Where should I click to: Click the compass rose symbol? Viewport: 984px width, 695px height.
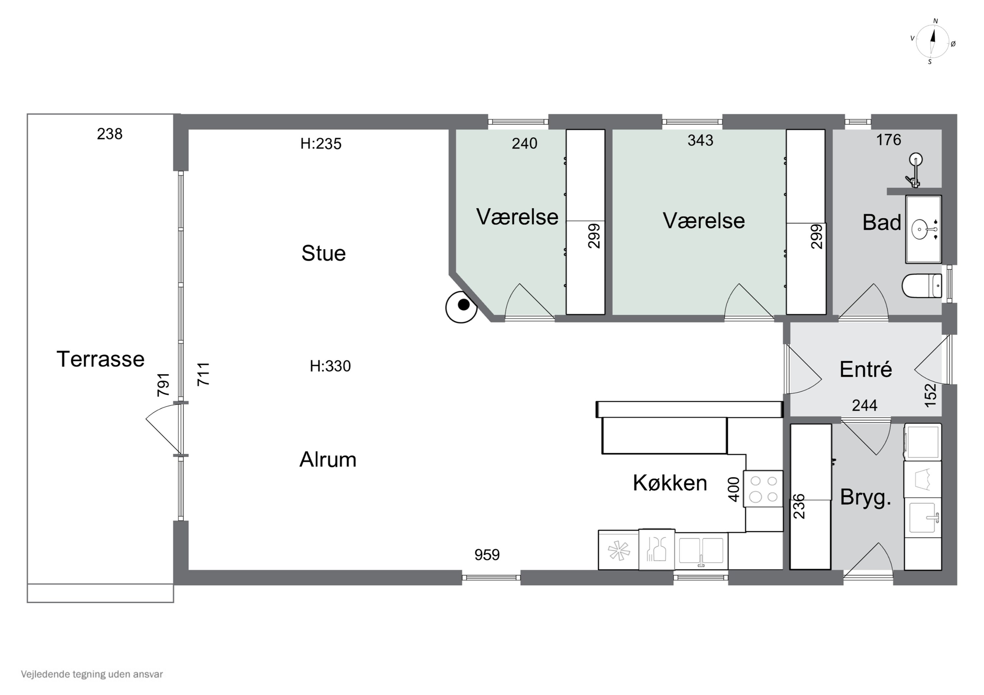932,42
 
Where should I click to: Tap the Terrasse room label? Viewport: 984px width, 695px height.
100,359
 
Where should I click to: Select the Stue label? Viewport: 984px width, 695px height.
323,253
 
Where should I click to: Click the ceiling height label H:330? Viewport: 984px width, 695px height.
330,366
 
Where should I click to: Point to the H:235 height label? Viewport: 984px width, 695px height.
320,144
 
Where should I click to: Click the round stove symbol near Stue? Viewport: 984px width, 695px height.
461,307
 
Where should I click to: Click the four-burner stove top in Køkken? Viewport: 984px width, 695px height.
763,489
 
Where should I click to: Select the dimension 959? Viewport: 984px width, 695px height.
487,555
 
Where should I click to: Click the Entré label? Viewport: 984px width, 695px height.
865,369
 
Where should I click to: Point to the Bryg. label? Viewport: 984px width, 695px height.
865,497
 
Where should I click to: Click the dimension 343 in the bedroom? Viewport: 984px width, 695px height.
700,140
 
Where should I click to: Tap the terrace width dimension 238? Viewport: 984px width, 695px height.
109,134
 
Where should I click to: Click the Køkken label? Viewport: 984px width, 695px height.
669,483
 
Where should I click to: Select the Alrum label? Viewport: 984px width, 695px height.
327,459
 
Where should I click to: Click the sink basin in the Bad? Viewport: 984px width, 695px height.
920,229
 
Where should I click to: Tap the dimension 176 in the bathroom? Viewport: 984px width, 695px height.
889,140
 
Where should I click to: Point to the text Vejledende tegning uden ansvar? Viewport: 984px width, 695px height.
92,674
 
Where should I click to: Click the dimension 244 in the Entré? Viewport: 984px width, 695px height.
864,405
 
